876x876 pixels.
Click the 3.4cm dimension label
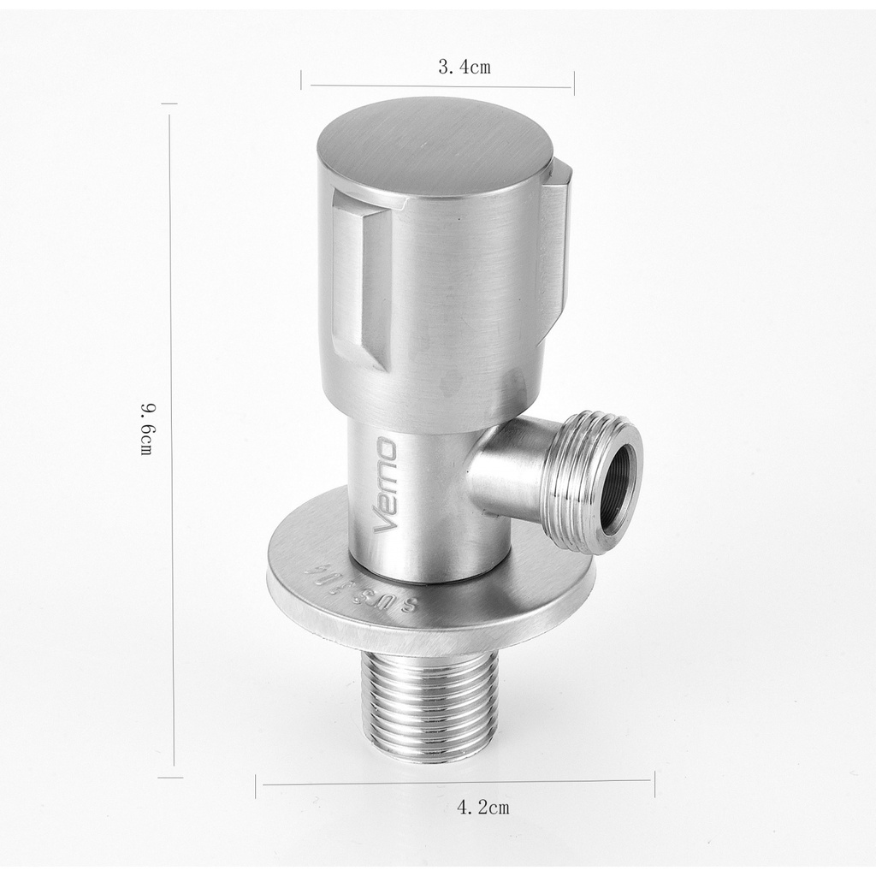465,68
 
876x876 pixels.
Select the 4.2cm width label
482,807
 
